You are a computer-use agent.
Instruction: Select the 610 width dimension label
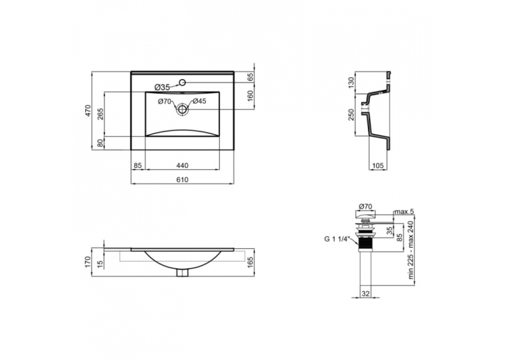(x=182, y=180)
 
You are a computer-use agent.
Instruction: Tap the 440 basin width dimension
(x=182, y=166)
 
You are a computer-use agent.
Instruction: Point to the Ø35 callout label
(x=162, y=87)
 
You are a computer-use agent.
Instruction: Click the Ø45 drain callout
(x=199, y=101)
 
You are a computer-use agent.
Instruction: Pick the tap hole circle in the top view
(x=182, y=83)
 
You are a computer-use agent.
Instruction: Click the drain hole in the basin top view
(x=182, y=109)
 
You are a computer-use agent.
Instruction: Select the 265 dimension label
(x=100, y=114)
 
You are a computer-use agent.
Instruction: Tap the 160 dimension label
(x=251, y=96)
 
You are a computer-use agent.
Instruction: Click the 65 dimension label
(x=251, y=77)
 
